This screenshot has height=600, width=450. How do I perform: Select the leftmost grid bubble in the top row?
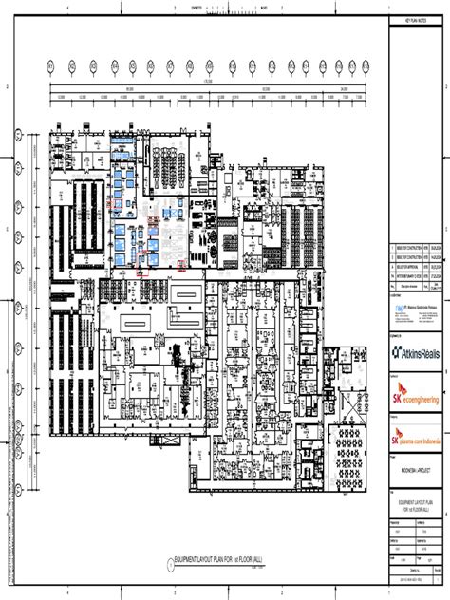51,66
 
